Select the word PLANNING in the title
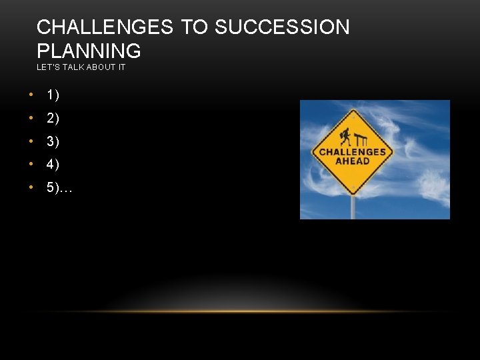(x=89, y=51)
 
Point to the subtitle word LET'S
(x=48, y=67)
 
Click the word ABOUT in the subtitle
(x=96, y=67)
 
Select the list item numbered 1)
(x=53, y=95)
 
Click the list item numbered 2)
(x=53, y=119)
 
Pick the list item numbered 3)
(x=53, y=142)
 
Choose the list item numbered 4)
(x=53, y=165)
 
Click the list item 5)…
(x=59, y=188)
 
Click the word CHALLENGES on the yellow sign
(x=353, y=152)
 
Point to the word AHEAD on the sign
(x=353, y=161)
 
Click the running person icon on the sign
(x=344, y=137)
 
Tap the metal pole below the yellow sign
(x=353, y=208)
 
